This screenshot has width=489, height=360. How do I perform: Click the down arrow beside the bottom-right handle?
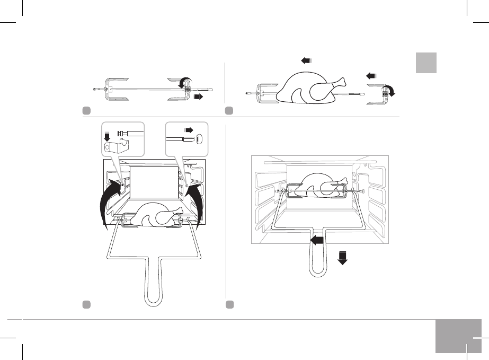(343, 257)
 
